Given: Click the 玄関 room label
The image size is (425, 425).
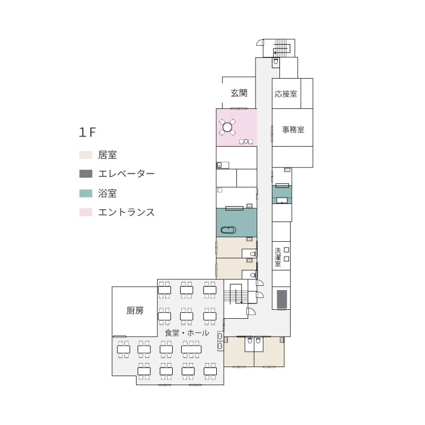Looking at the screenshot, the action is pyautogui.click(x=239, y=93).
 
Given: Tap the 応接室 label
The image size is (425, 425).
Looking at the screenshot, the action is pyautogui.click(x=286, y=94).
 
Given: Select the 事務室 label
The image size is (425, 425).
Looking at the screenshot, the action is pyautogui.click(x=293, y=130).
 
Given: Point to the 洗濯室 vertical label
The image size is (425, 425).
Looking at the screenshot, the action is pyautogui.click(x=277, y=257).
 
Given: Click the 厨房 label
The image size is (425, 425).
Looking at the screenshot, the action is pyautogui.click(x=135, y=310).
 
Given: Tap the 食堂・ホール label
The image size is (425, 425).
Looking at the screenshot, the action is pyautogui.click(x=187, y=333).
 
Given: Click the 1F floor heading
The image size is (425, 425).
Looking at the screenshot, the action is pyautogui.click(x=87, y=132).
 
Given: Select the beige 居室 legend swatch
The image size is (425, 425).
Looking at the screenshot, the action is pyautogui.click(x=86, y=155).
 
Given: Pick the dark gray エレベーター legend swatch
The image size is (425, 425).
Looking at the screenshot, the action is pyautogui.click(x=86, y=174).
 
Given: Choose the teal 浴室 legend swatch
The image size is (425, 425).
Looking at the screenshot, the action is pyautogui.click(x=86, y=193).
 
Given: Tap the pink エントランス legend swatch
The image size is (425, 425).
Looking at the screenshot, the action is pyautogui.click(x=86, y=212).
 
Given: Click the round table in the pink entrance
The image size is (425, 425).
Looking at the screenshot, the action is pyautogui.click(x=227, y=126).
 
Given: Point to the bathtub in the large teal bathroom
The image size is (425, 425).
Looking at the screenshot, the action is pyautogui.click(x=228, y=230).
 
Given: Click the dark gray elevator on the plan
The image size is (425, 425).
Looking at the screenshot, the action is pyautogui.click(x=282, y=299).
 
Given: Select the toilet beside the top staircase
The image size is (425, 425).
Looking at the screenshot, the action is pyautogui.click(x=276, y=61).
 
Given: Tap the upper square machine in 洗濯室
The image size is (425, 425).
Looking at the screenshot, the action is pyautogui.click(x=286, y=250).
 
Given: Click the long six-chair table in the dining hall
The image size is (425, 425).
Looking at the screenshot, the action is pyautogui.click(x=191, y=349).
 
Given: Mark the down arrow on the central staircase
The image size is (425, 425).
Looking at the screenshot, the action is pyautogui.click(x=240, y=297).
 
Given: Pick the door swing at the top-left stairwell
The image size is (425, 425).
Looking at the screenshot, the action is pyautogui.click(x=260, y=42).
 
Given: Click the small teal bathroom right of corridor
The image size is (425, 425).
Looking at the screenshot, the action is pyautogui.click(x=282, y=195).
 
